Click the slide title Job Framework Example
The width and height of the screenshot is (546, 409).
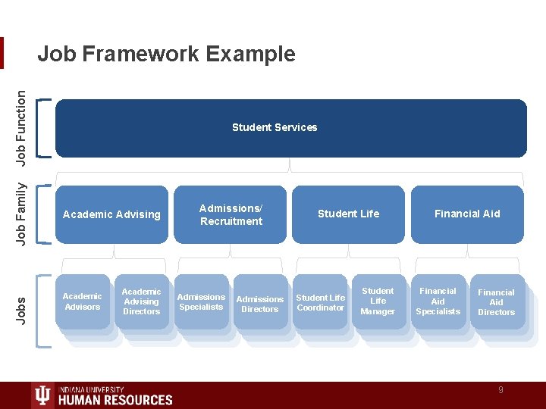coord(166,54)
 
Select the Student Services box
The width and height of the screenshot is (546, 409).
coord(290,127)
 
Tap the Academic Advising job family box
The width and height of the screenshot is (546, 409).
coord(111,214)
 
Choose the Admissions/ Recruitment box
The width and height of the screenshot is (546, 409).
coord(231,214)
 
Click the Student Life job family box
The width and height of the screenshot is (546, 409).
coord(349,214)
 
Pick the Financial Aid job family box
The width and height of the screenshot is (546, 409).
coord(467,214)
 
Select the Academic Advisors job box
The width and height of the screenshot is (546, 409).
coord(82,301)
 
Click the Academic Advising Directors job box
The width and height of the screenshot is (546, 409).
coord(141,301)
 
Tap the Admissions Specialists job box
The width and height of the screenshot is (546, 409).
coord(201,301)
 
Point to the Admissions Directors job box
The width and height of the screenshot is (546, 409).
coord(260,304)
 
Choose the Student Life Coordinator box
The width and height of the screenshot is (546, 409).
coord(320,302)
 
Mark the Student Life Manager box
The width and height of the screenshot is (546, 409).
coord(378,301)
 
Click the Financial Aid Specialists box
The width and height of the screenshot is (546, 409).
coord(438,301)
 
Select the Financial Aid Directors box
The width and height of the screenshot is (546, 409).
coord(496,302)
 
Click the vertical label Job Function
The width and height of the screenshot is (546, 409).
coord(23,127)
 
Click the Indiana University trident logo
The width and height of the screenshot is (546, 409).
coord(43,395)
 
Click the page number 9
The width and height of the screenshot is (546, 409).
coord(500,390)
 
